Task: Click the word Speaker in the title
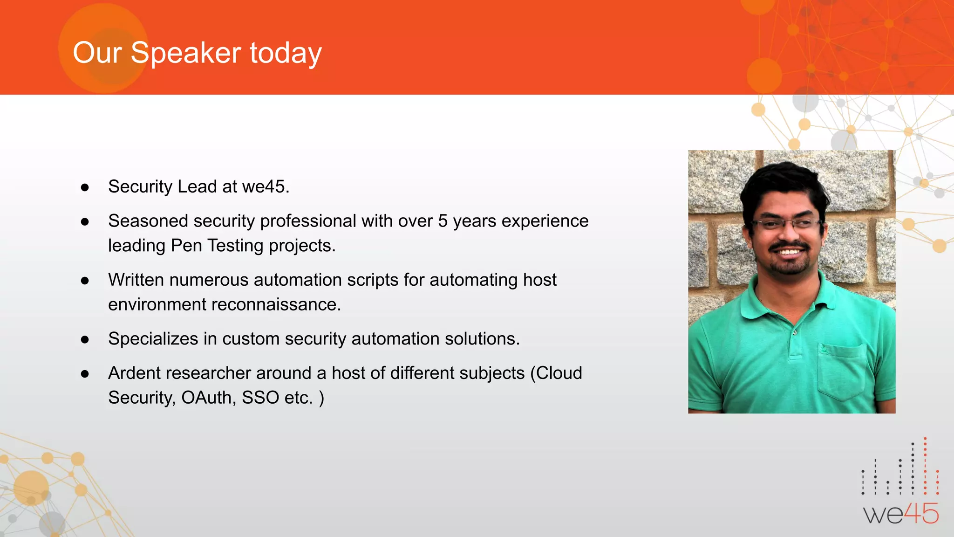click(x=185, y=53)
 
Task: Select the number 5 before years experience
click(x=443, y=221)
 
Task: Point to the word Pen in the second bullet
click(x=186, y=246)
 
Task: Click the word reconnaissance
click(x=276, y=304)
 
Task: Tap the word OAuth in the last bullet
click(x=209, y=398)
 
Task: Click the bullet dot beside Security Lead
click(x=85, y=187)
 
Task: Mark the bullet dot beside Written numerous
click(x=85, y=281)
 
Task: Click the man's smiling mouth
click(x=789, y=252)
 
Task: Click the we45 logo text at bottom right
click(x=901, y=514)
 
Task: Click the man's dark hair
click(x=783, y=179)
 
